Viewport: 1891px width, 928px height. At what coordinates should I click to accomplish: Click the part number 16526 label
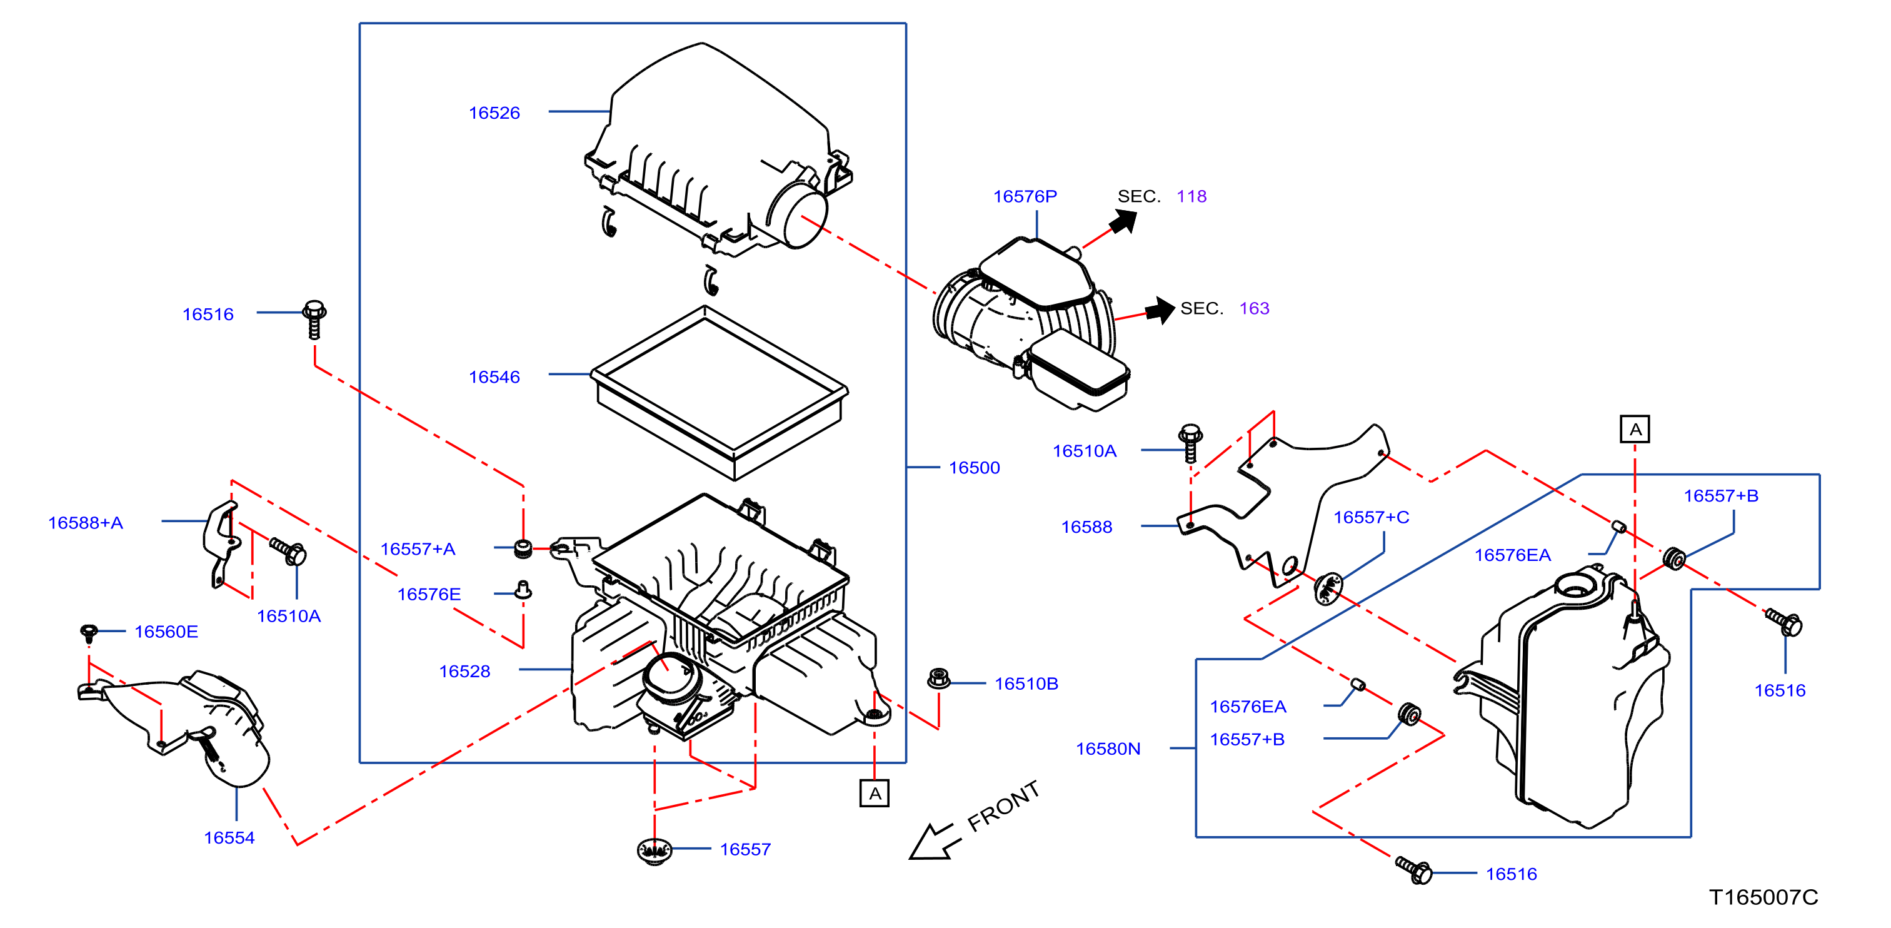point(494,113)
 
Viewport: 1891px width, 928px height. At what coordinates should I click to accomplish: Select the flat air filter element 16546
point(720,393)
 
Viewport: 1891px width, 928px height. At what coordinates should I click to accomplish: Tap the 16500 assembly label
point(974,468)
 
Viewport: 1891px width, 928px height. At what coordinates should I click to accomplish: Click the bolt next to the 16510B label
point(939,678)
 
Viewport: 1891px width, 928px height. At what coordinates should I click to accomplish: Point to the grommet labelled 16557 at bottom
point(654,851)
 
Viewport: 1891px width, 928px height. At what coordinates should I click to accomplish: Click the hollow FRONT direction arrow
point(931,841)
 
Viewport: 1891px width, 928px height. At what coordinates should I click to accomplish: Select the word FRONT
point(1003,805)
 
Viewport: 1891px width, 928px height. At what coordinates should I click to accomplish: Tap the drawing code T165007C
point(1763,897)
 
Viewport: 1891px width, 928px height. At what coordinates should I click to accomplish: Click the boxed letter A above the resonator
point(1635,430)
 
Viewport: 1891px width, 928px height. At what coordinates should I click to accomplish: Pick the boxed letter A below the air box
point(875,794)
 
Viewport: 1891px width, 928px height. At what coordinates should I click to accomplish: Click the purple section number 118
point(1191,196)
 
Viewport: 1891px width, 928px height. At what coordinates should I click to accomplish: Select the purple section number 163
point(1255,308)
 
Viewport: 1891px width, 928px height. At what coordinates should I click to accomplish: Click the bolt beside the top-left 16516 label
point(315,320)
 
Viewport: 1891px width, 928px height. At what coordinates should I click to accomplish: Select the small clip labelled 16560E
point(89,632)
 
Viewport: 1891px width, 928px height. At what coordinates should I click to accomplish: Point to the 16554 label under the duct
point(229,838)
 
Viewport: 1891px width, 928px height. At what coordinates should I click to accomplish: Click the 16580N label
point(1108,749)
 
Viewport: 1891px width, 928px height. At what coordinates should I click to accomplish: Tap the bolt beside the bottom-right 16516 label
point(1414,870)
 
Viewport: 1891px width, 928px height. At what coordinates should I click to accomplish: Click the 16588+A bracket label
point(85,523)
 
